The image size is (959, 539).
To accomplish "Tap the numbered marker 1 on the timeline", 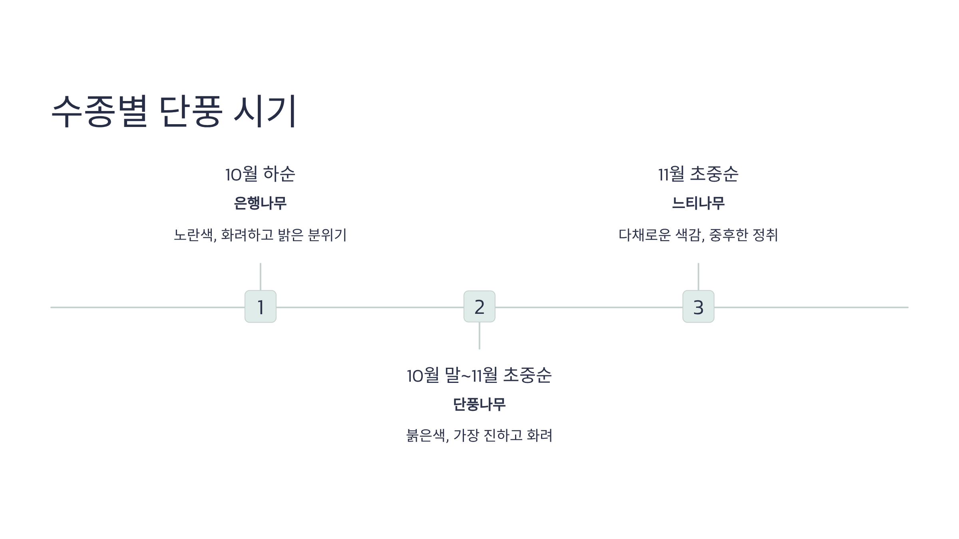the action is (x=261, y=307).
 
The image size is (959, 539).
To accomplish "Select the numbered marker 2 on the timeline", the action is (x=479, y=307).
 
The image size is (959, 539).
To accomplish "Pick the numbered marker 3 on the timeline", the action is (x=698, y=307).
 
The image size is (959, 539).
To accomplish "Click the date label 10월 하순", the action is (x=260, y=174).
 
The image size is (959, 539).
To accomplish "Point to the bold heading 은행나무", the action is (x=260, y=203).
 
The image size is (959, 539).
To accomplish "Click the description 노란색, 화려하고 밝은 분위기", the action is (x=260, y=235).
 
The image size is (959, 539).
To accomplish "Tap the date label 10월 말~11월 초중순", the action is (x=479, y=375).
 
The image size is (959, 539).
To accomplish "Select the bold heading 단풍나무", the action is (x=479, y=404).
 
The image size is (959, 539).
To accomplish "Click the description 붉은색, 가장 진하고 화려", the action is (x=479, y=435).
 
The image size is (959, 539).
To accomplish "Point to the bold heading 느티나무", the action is (x=698, y=203).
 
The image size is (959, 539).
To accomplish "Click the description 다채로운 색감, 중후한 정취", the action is (x=698, y=235).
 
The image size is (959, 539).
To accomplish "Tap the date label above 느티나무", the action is (x=698, y=174).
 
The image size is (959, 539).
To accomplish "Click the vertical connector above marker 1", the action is (x=261, y=277).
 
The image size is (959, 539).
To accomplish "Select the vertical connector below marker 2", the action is (x=479, y=336).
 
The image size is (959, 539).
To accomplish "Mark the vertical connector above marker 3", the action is (x=698, y=277).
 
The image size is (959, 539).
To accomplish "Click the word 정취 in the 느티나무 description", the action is (x=765, y=235).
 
